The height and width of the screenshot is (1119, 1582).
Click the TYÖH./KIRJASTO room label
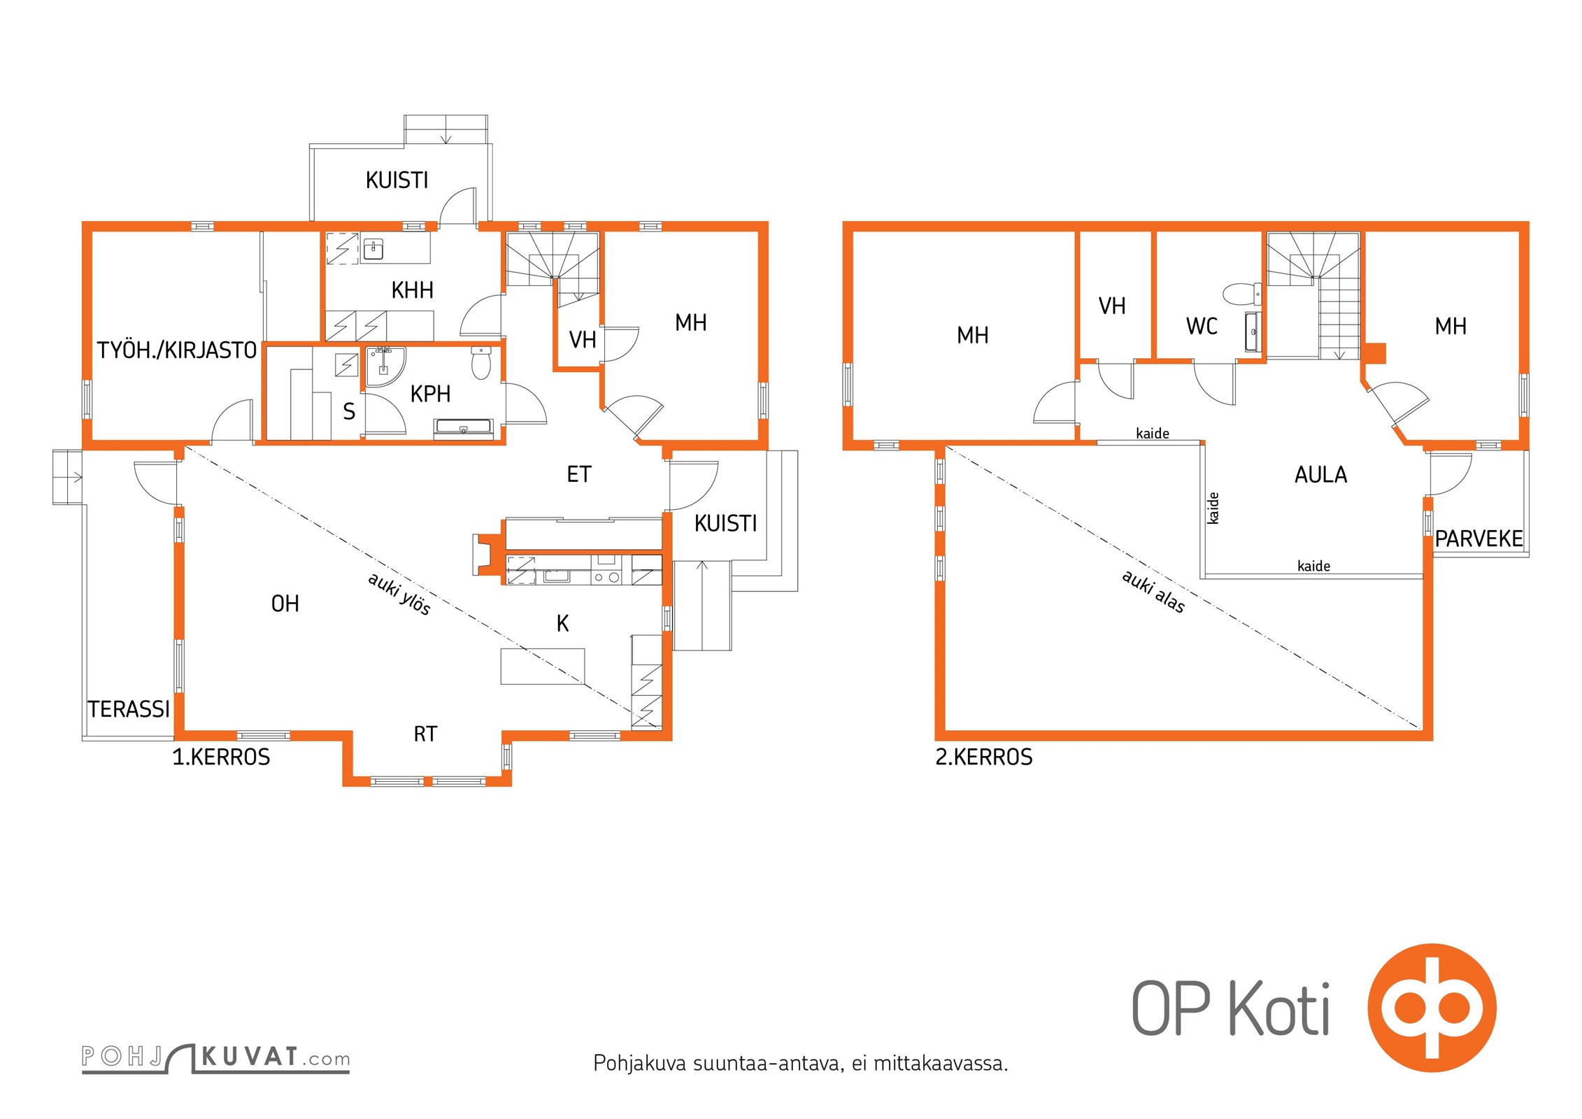tap(177, 350)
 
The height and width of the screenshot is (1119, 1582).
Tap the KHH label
tap(412, 290)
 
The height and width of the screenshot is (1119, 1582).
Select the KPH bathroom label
tap(430, 394)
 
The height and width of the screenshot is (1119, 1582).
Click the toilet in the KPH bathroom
tap(481, 362)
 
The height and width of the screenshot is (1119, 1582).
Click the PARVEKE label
tap(1478, 539)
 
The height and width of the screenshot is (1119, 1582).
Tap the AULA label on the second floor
tap(1320, 475)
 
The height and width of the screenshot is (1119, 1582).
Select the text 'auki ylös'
tap(399, 594)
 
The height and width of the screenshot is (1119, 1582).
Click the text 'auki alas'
tap(1153, 592)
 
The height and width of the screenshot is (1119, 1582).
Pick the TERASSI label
tap(129, 709)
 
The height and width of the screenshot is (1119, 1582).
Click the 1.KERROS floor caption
tap(221, 757)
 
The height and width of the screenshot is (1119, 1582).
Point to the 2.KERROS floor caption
tap(984, 757)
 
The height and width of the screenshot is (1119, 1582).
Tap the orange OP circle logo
tap(1432, 1008)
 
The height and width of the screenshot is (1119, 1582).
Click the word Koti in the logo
tap(1279, 1008)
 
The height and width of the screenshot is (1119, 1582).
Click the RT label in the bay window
tap(425, 734)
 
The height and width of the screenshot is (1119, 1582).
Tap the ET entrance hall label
tap(579, 475)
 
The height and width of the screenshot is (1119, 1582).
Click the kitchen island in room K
tap(543, 666)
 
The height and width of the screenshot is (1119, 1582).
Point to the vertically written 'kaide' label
tap(1213, 508)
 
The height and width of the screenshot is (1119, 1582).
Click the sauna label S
tap(349, 411)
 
